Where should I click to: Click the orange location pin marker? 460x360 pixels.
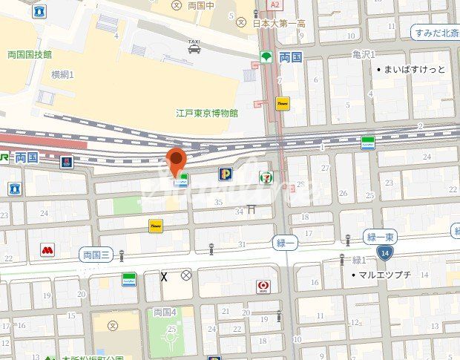click(175, 159)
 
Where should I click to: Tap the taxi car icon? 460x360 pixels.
click(194, 49)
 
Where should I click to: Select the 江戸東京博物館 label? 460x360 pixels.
click(207, 113)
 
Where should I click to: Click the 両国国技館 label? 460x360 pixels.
click(30, 55)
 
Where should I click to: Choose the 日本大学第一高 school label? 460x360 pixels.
click(279, 24)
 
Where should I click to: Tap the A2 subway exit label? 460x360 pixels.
click(275, 5)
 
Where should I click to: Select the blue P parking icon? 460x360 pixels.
click(224, 174)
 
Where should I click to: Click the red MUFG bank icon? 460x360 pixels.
click(263, 286)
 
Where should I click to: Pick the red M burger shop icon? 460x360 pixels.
click(47, 251)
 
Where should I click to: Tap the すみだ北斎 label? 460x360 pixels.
click(435, 32)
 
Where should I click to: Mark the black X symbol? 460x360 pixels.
click(164, 277)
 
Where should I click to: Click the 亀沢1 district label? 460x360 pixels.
click(364, 55)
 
